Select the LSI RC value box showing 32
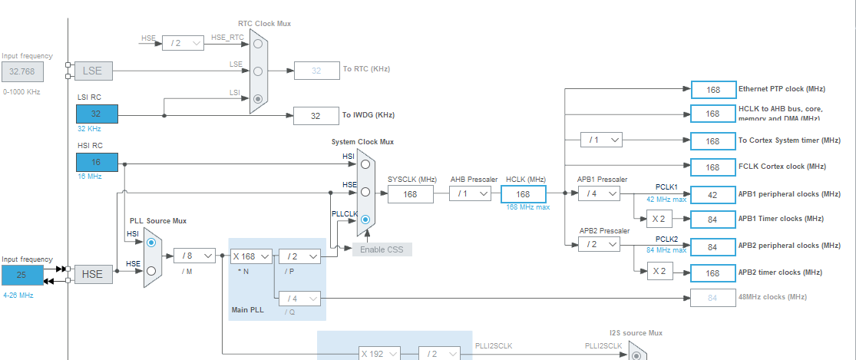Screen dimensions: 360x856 [x=97, y=114]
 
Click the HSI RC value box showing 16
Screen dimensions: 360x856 [x=97, y=162]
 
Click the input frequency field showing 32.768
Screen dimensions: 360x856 [x=22, y=71]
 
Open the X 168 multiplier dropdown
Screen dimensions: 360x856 [x=250, y=256]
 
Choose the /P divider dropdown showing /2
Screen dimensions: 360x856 [x=299, y=256]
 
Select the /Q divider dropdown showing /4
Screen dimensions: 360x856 [x=299, y=298]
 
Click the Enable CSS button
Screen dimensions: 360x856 [x=382, y=249]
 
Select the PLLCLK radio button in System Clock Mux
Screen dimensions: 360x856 [x=365, y=220]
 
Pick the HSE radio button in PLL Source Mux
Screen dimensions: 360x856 [x=151, y=270]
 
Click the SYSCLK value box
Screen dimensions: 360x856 [x=411, y=194]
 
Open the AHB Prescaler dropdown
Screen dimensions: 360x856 [x=470, y=194]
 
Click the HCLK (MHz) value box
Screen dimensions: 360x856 [x=523, y=194]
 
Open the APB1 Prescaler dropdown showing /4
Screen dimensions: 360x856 [x=599, y=194]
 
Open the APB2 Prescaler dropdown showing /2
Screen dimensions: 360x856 [x=599, y=243]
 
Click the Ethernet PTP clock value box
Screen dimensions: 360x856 [x=712, y=90]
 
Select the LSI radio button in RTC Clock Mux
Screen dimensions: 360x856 [x=258, y=98]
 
